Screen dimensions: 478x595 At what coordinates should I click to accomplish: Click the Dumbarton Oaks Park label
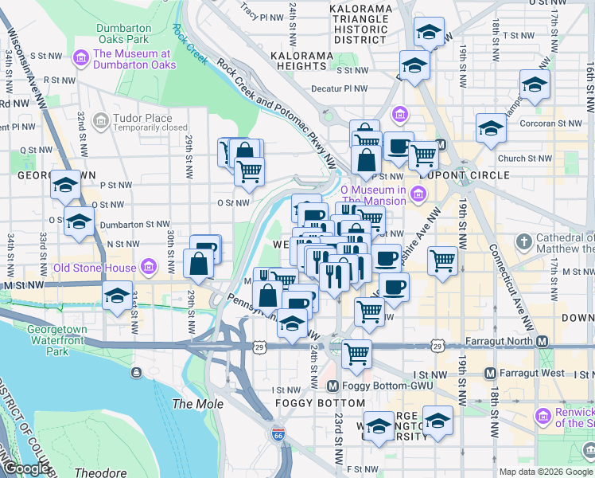(123, 33)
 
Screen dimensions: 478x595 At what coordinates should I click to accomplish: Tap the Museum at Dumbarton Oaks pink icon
(80, 58)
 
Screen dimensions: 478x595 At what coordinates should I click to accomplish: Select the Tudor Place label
(142, 118)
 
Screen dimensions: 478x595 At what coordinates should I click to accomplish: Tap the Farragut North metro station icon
(542, 341)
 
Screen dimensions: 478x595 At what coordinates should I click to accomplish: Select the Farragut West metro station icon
(491, 373)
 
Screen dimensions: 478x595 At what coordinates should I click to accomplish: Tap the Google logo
(26, 468)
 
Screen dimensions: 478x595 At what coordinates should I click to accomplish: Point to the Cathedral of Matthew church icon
(523, 241)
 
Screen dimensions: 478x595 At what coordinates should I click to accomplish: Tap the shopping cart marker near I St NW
(356, 353)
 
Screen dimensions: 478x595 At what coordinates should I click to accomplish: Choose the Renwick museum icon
(543, 416)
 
